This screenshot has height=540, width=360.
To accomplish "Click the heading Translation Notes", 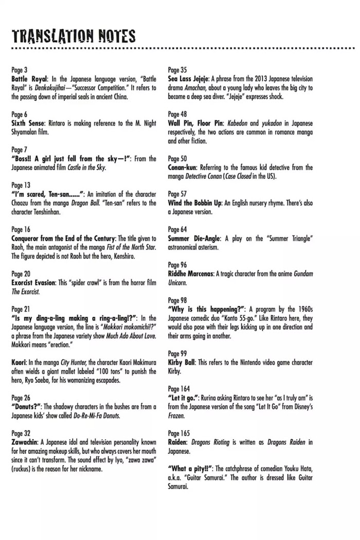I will point(73,36).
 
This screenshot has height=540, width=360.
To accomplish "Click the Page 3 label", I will point(19,70).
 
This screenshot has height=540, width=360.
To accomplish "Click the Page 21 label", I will point(21,309).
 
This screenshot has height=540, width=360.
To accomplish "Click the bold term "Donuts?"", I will point(29,406).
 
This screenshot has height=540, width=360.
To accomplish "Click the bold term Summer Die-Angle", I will point(193,238).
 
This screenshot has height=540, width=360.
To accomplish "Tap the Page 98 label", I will point(177,300).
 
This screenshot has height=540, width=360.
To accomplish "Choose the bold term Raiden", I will point(178,442).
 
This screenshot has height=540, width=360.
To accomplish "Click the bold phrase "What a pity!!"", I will point(189,469).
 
